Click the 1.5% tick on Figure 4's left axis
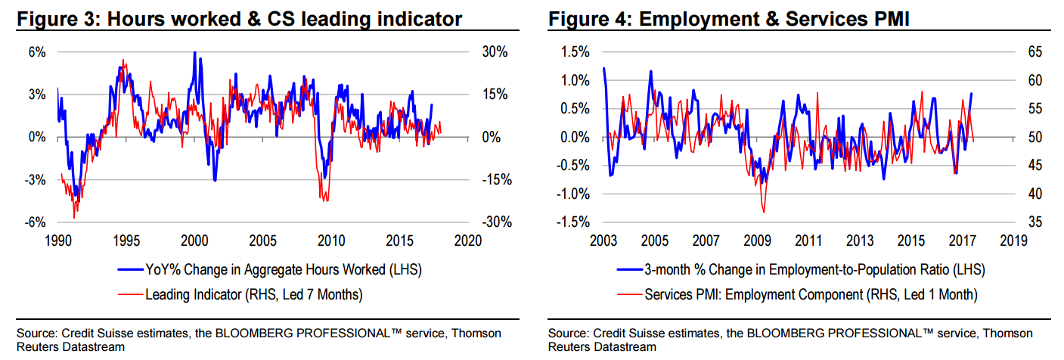pos(574,52)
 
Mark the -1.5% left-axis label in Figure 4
pos(572,222)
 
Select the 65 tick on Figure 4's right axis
pos(1035,52)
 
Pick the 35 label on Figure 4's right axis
pos(1035,222)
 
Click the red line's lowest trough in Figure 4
pos(765,212)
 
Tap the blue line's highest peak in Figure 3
pos(195,52)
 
